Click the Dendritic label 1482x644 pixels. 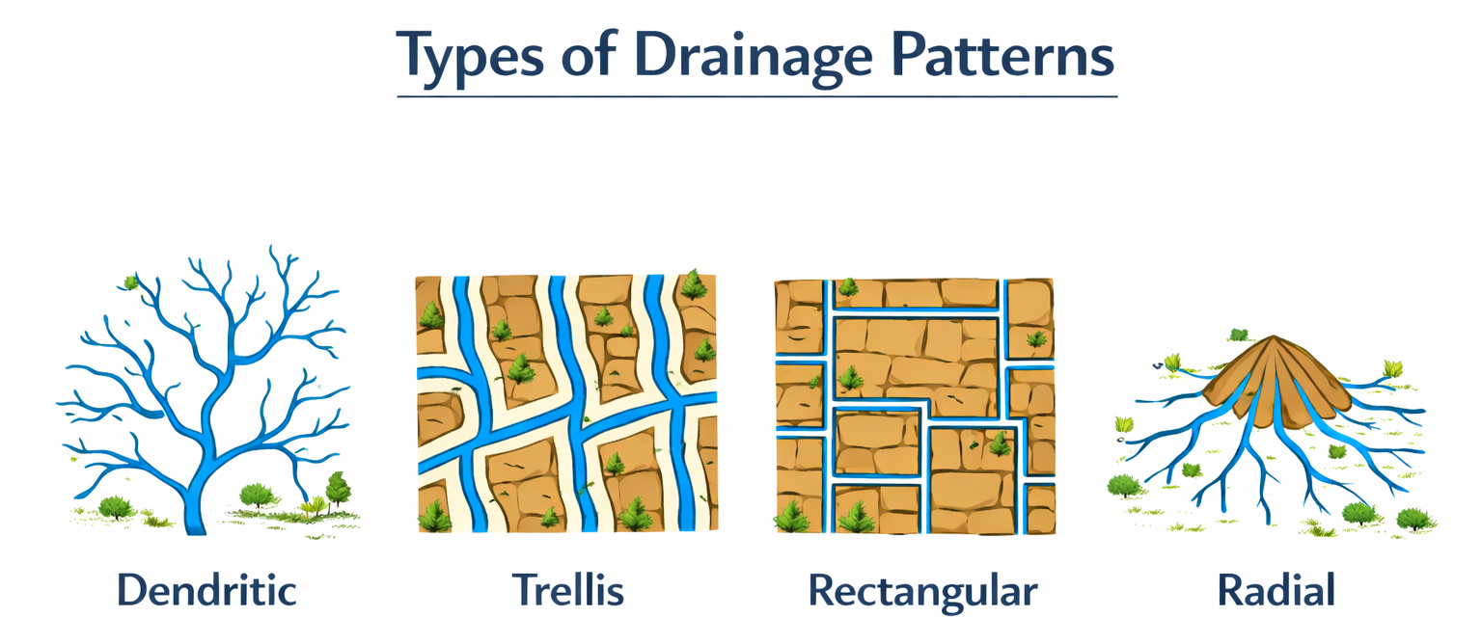click(x=206, y=590)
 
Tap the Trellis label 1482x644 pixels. click(x=567, y=590)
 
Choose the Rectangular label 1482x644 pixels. click(x=922, y=590)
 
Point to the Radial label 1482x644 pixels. click(x=1276, y=590)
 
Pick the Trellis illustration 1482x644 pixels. click(x=567, y=403)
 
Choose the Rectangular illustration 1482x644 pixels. click(x=915, y=405)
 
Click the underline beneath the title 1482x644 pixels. click(x=757, y=96)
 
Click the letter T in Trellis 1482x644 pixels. click(x=522, y=590)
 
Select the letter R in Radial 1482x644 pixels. click(x=1230, y=590)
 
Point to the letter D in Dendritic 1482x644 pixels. click(x=131, y=590)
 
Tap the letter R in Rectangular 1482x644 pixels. click(x=822, y=590)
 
